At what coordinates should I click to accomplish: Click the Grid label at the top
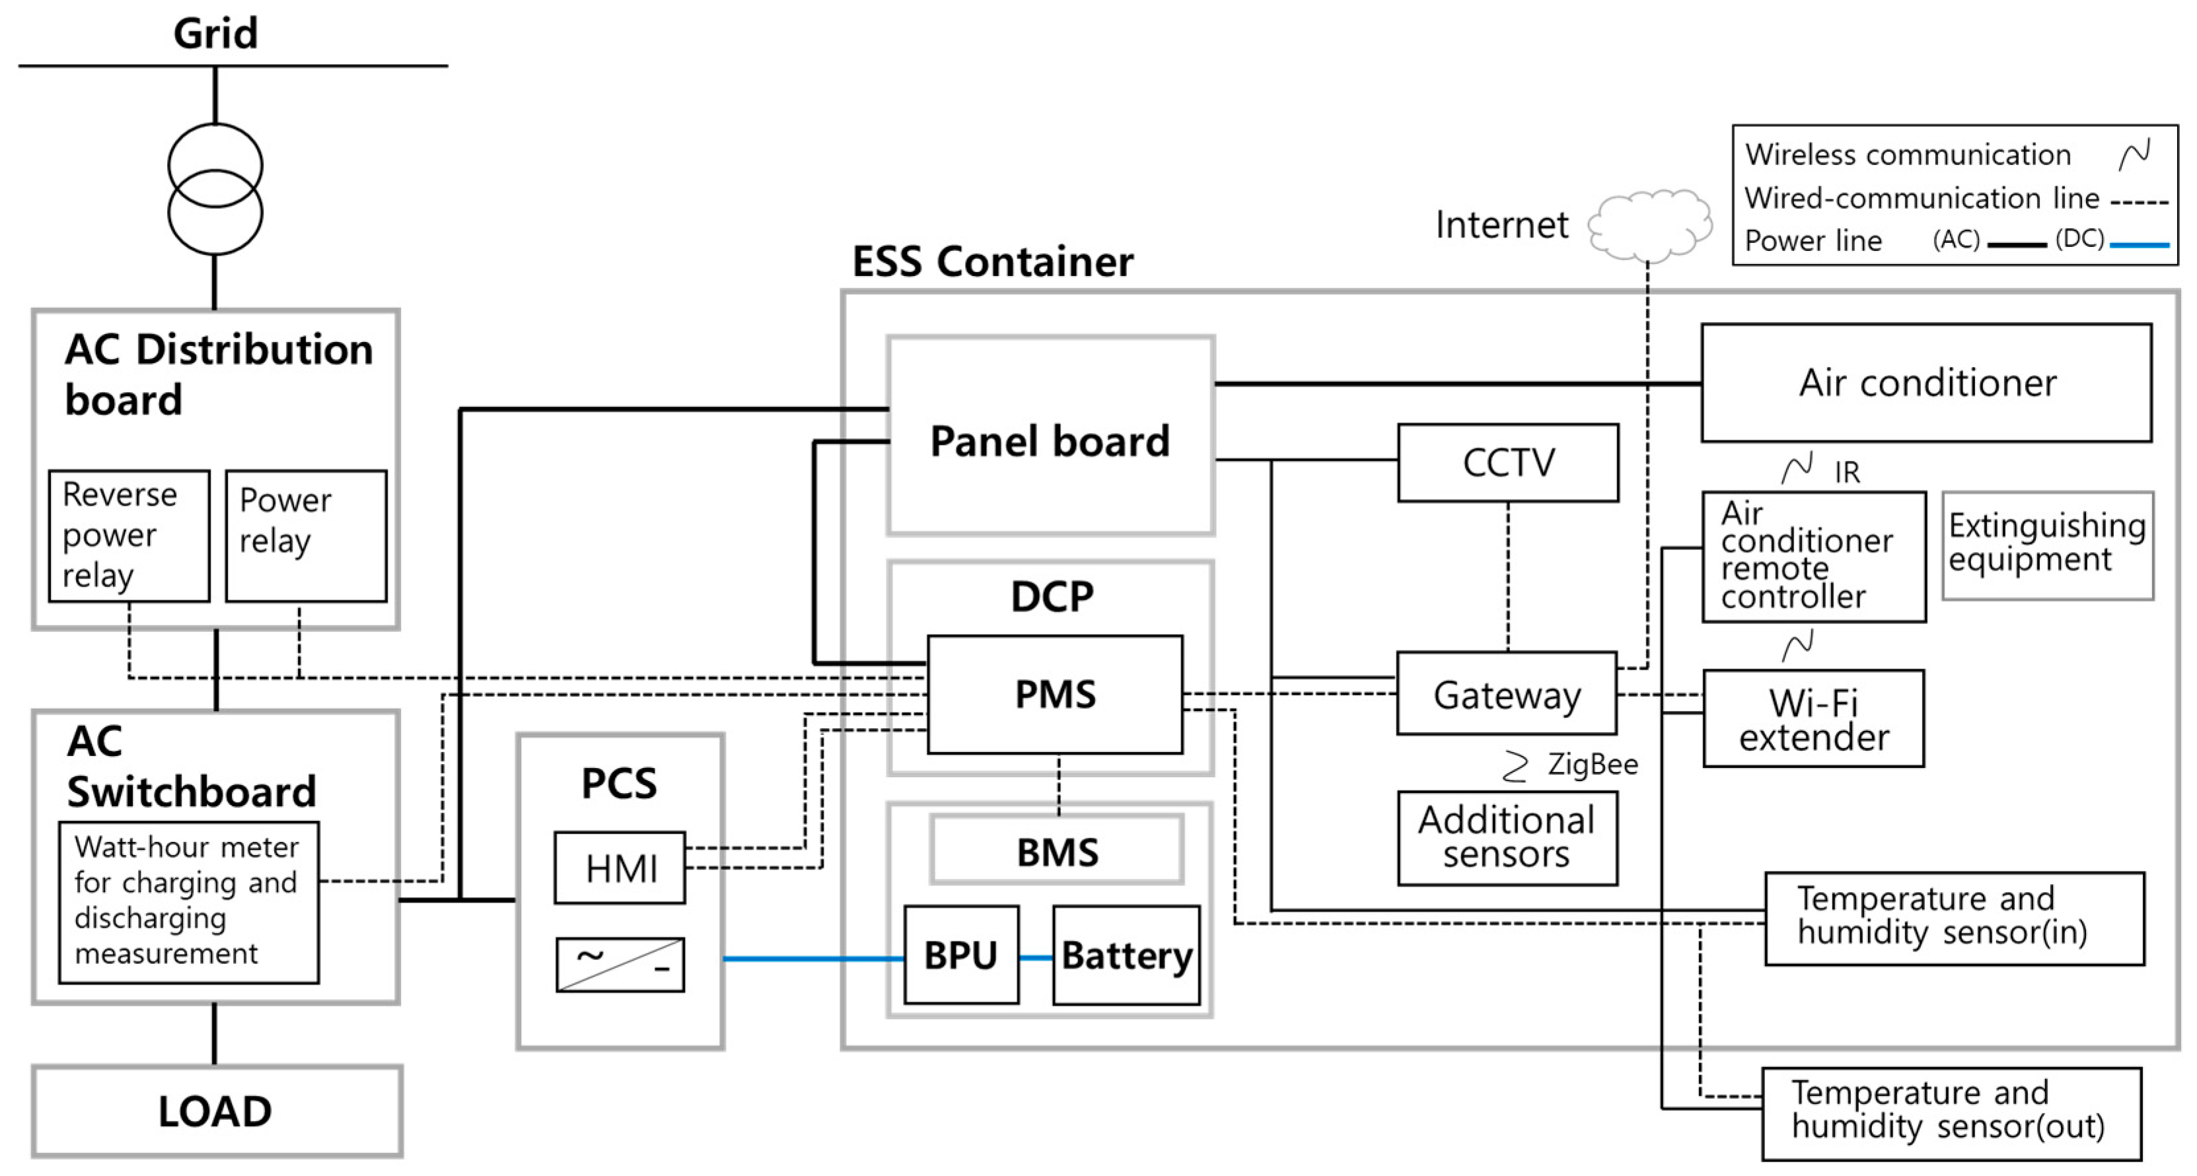(x=215, y=34)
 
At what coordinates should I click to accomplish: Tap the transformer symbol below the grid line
(x=215, y=190)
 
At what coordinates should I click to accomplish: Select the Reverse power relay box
(x=129, y=536)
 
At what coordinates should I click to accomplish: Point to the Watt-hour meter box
(x=188, y=901)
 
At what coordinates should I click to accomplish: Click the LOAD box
(x=217, y=1111)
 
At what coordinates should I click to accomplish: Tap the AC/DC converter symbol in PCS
(x=620, y=965)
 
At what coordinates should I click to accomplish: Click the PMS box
(x=1055, y=694)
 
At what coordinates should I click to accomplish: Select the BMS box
(x=1057, y=850)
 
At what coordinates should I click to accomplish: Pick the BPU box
(x=961, y=955)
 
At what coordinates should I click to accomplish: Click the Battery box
(x=1126, y=955)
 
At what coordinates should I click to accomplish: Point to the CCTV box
(x=1508, y=463)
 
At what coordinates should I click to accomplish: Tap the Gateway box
(x=1506, y=694)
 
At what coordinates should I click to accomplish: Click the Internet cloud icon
(x=1649, y=225)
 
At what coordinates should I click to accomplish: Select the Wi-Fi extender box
(x=1813, y=718)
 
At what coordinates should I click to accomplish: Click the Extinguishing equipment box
(x=2047, y=544)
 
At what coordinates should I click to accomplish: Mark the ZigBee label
(x=1591, y=764)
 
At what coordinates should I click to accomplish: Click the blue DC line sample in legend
(x=2139, y=245)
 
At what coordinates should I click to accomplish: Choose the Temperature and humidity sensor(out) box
(x=1951, y=1113)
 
